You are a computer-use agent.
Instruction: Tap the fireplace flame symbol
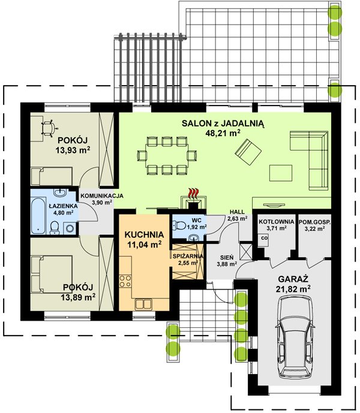tap(194, 193)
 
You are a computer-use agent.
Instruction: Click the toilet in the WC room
tap(179, 225)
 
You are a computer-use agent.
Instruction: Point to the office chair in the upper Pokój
tap(49, 128)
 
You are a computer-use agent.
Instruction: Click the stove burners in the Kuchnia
tap(125, 281)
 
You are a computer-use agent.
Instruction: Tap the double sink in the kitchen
tap(143, 305)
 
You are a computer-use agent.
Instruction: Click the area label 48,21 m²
tap(223, 132)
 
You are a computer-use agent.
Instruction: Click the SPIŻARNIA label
tap(188, 256)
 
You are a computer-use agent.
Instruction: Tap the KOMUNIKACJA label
tap(102, 196)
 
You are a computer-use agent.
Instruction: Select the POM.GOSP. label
tap(314, 222)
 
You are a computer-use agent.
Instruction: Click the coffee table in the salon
tap(281, 173)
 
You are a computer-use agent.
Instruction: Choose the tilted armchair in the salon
tap(248, 152)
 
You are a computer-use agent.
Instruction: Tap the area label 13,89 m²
tap(79, 297)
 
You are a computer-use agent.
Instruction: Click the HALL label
tap(237, 212)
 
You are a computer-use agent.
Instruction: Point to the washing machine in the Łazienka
tap(70, 228)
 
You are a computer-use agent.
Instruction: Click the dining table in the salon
tap(167, 155)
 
